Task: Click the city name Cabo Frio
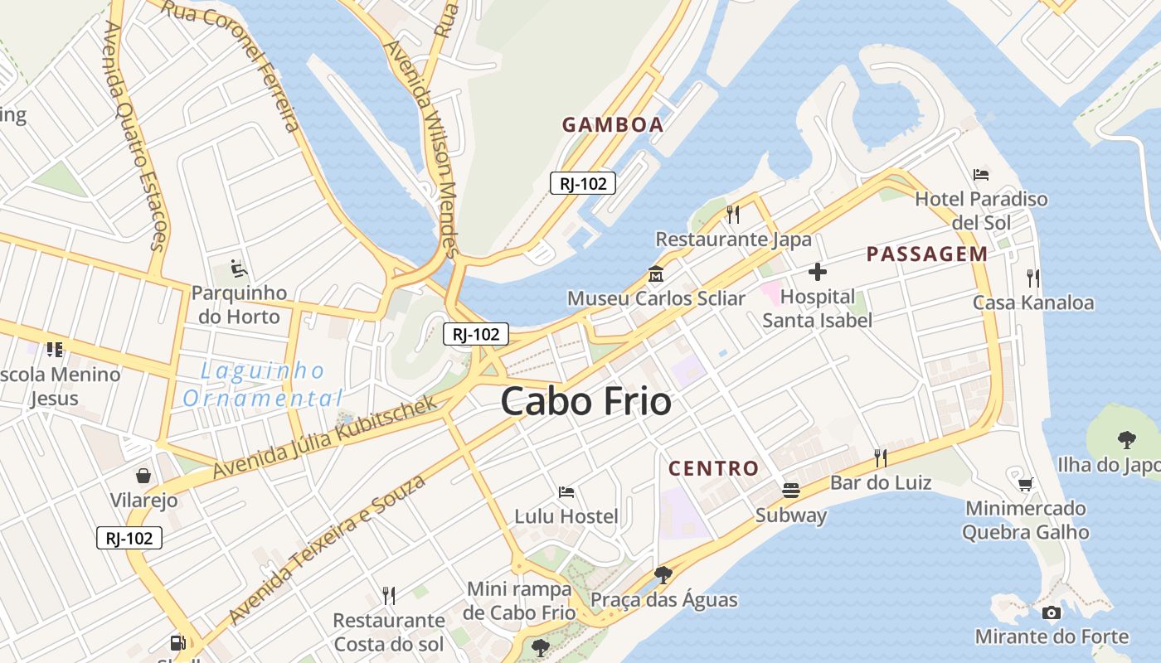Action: (x=585, y=402)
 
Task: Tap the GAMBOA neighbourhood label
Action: (x=613, y=125)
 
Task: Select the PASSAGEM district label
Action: (x=927, y=254)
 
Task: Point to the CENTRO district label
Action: (x=714, y=468)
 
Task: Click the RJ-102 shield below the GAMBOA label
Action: (x=583, y=183)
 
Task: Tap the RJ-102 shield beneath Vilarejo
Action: (x=129, y=538)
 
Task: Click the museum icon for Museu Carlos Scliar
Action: (x=656, y=273)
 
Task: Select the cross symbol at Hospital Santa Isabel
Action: (x=818, y=272)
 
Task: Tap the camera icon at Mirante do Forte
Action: (x=1052, y=613)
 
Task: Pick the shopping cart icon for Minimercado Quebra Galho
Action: (x=1026, y=484)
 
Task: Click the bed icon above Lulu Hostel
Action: (x=566, y=492)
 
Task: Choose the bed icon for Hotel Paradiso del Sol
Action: (x=981, y=175)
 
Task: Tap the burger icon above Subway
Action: (x=791, y=491)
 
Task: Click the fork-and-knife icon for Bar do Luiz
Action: (x=881, y=457)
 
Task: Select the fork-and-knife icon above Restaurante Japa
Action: (x=733, y=215)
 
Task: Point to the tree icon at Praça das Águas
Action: (x=663, y=574)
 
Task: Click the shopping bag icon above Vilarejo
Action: (x=143, y=476)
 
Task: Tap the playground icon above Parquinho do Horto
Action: (x=238, y=269)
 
